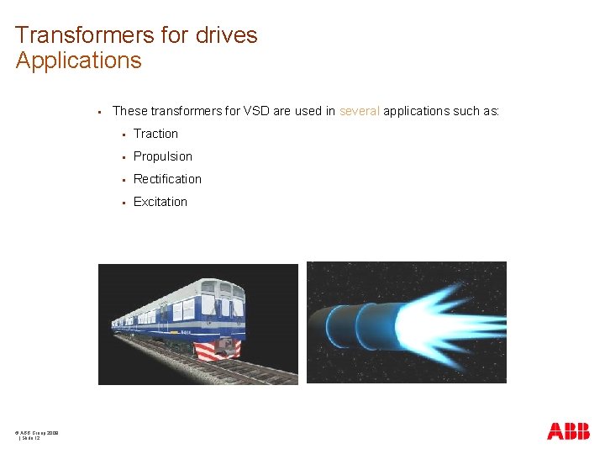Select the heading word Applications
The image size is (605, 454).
[x=79, y=61]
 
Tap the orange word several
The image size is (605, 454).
[x=360, y=111]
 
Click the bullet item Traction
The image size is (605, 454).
[x=155, y=134]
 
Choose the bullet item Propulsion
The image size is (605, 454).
[x=163, y=156]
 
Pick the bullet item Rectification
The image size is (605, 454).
[x=167, y=179]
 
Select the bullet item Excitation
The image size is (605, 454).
[x=160, y=202]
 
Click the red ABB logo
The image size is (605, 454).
[x=568, y=431]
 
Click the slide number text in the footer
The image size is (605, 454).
[x=30, y=438]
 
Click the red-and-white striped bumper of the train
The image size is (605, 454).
[x=218, y=349]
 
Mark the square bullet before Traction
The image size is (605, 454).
[x=123, y=135]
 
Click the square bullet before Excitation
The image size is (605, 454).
[x=123, y=203]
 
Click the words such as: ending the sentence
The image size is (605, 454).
[x=476, y=111]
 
